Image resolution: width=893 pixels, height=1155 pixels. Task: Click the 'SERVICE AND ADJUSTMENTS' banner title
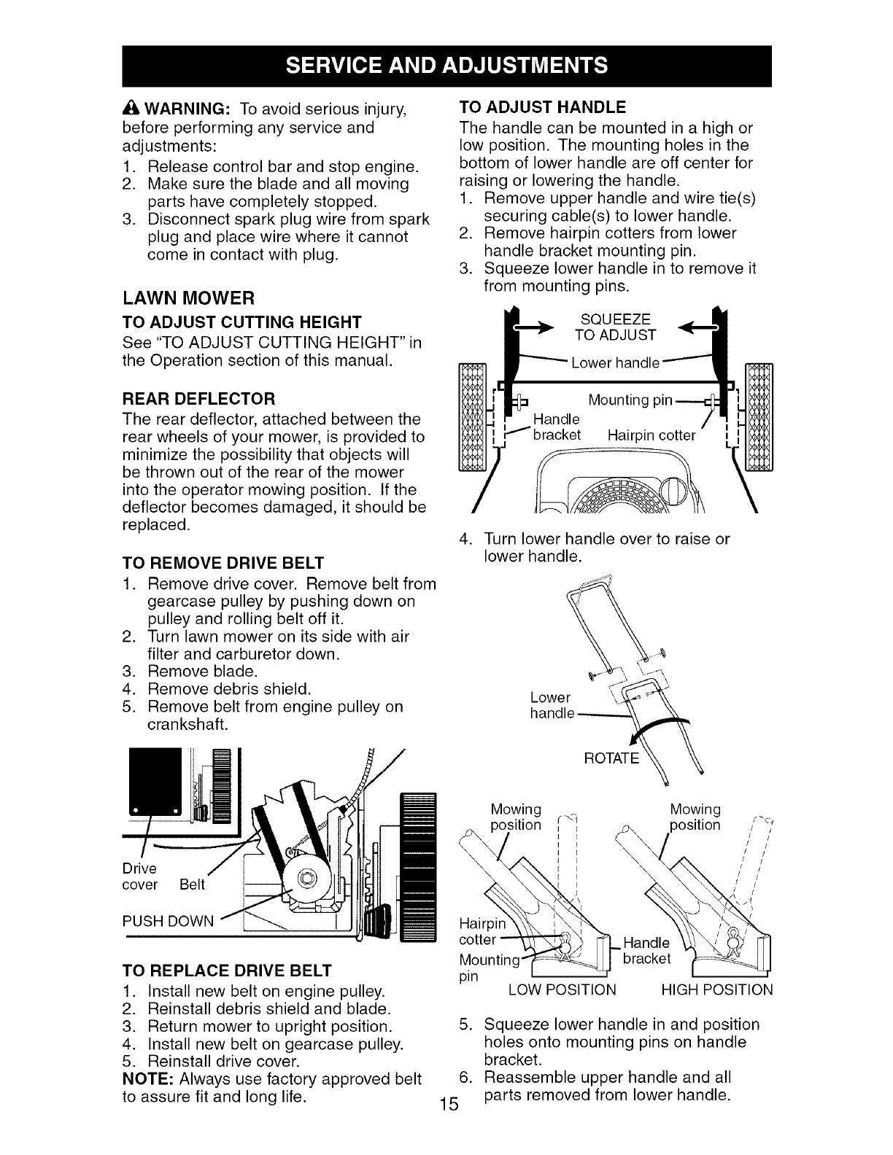[446, 66]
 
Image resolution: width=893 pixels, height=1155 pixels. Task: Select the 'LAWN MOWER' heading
[188, 298]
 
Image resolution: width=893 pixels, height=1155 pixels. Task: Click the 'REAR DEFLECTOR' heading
[199, 399]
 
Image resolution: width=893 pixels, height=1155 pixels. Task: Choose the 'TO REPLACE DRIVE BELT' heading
[227, 971]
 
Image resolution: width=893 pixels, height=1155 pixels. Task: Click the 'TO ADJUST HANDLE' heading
[542, 108]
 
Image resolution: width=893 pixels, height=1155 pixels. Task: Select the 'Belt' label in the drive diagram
[193, 884]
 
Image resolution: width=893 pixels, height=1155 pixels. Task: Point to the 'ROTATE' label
[611, 758]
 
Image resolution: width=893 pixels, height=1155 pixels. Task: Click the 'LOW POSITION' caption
[562, 989]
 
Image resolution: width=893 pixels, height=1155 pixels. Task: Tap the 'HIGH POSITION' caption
[716, 989]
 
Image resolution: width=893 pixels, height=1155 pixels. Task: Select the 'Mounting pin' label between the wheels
[630, 400]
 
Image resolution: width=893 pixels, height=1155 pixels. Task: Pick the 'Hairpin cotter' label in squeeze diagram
[652, 435]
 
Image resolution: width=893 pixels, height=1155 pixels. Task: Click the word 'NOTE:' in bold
[151, 1078]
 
